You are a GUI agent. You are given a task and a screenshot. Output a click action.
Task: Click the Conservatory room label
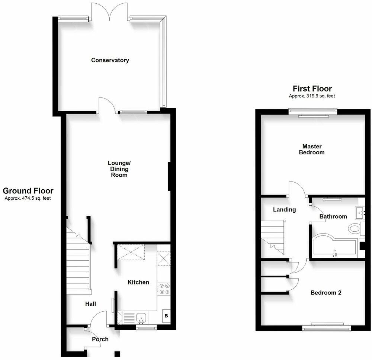pos(110,60)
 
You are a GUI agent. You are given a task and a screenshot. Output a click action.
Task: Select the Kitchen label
pos(138,282)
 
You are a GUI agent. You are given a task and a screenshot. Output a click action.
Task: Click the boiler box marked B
pos(166,316)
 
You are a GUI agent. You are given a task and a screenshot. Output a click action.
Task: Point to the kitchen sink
pos(141,318)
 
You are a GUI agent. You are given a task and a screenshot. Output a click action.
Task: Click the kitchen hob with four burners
pos(164,289)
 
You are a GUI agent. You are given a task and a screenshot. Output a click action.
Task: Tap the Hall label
pos(91,304)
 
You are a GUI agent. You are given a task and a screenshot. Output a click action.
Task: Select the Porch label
pos(100,339)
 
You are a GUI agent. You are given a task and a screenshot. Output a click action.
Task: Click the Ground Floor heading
pos(28,191)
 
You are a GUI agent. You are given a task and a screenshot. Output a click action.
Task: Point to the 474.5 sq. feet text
pos(28,198)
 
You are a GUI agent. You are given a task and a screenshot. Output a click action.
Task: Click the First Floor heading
pos(312,89)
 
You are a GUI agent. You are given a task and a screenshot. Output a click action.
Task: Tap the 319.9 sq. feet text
pos(312,96)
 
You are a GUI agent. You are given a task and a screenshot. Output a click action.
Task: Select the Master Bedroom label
pos(312,149)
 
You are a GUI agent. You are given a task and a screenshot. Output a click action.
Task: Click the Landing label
pos(284,209)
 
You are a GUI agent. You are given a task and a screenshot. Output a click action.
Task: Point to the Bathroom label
pos(333,216)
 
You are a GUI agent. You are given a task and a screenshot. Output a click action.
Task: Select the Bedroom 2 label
pos(326,293)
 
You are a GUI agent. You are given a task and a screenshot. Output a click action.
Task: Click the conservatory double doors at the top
pos(109,13)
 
